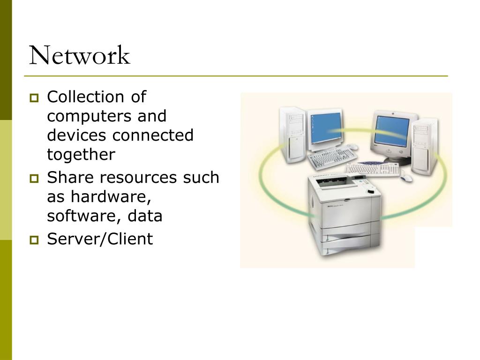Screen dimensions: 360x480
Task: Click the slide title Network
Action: (79, 56)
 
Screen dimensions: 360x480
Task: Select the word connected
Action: (153, 135)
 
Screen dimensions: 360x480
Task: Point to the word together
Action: (81, 154)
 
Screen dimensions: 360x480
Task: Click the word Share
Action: (69, 178)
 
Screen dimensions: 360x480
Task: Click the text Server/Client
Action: (100, 239)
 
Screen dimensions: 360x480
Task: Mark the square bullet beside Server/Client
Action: (34, 240)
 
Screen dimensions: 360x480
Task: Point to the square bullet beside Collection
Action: (34, 98)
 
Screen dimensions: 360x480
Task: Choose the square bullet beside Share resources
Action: (34, 179)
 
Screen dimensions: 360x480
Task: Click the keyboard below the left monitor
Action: (332, 157)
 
